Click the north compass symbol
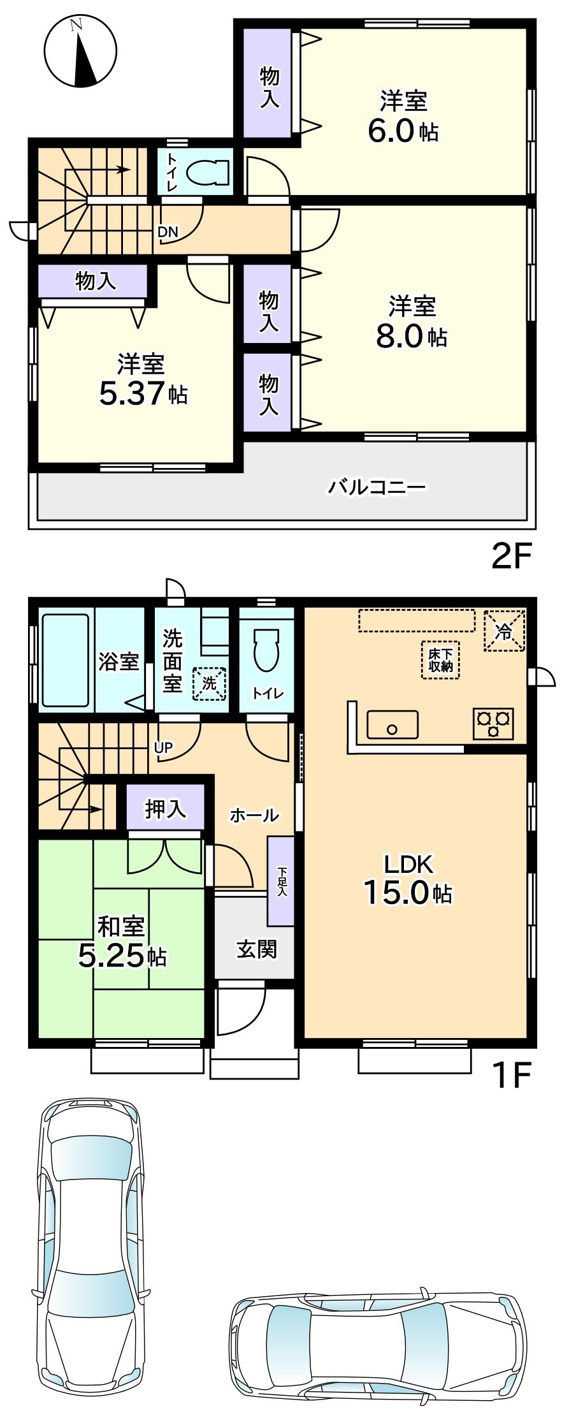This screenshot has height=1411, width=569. [x=80, y=52]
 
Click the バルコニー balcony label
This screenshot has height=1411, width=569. [x=377, y=488]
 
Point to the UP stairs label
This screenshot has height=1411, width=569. [x=164, y=748]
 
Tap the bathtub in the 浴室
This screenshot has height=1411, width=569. [x=65, y=660]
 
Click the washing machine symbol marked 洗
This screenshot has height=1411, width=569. [x=210, y=683]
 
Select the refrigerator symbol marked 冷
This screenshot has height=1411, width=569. [x=504, y=631]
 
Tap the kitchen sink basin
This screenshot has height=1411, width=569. [x=393, y=724]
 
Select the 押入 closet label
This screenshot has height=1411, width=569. [x=166, y=808]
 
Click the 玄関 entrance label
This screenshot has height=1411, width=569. [x=257, y=949]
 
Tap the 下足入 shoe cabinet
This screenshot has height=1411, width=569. [x=281, y=881]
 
